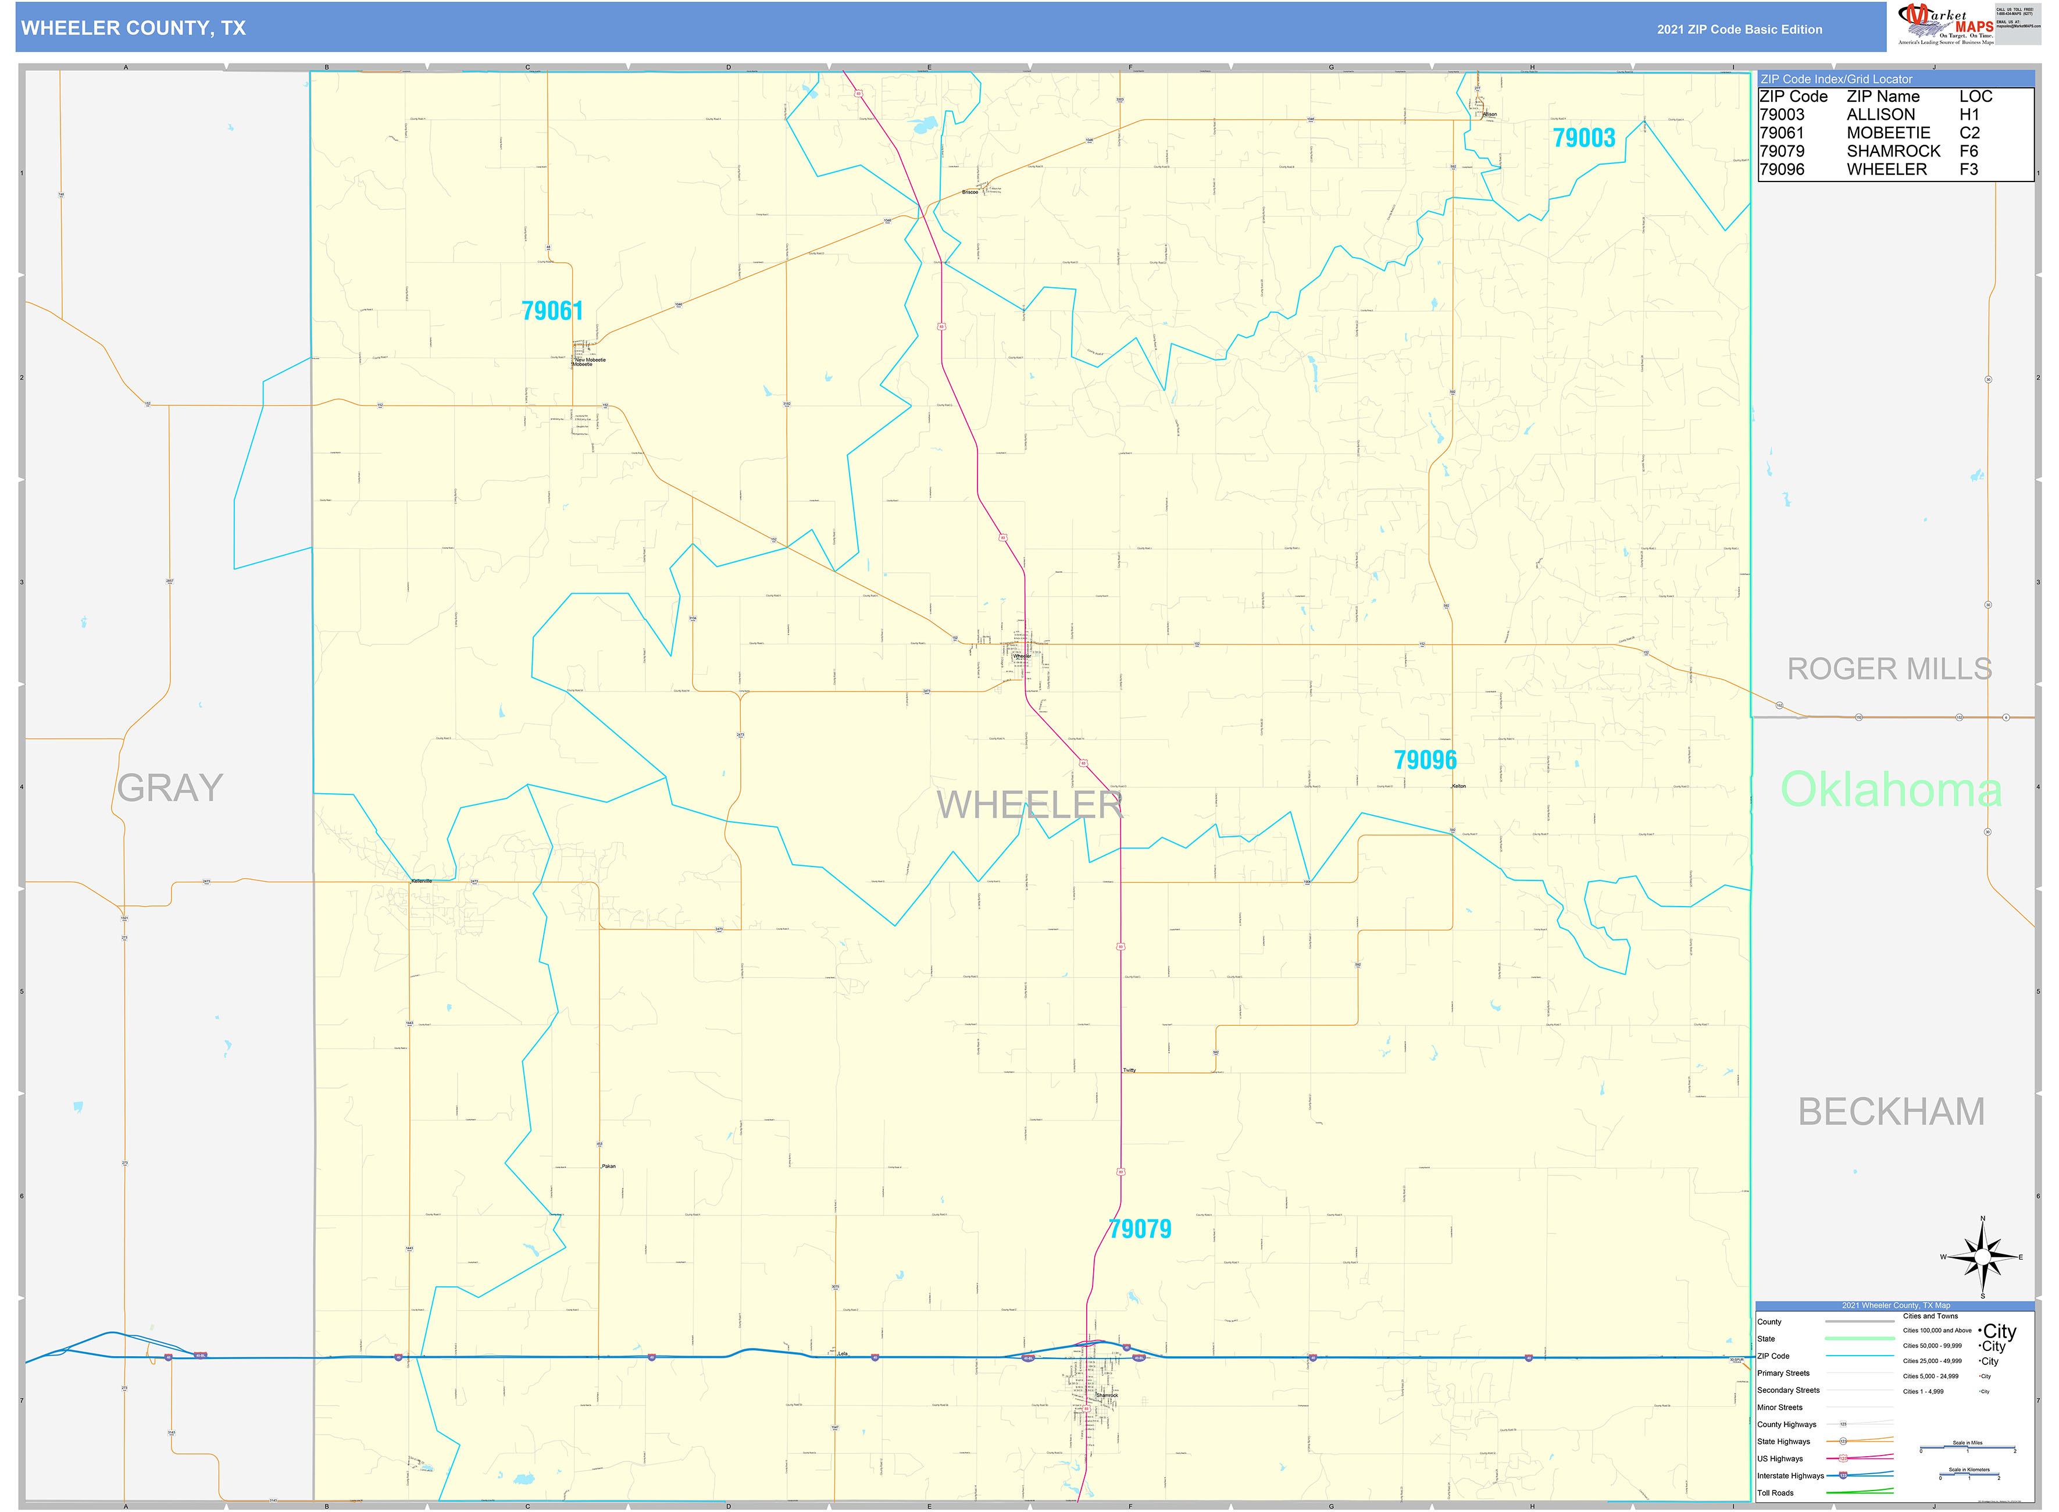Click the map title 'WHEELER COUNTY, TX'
coord(134,28)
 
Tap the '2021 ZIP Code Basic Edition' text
coord(1739,29)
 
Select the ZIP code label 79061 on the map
coord(552,311)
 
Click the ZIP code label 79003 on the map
coord(1583,138)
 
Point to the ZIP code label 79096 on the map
coord(1425,759)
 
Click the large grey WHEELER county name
coord(1029,805)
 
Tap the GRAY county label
coord(170,788)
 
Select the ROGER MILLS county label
coord(1889,669)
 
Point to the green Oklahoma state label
coord(1890,790)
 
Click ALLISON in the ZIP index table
coord(1880,115)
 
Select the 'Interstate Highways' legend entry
coord(1790,1475)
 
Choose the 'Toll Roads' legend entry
coord(1775,1493)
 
